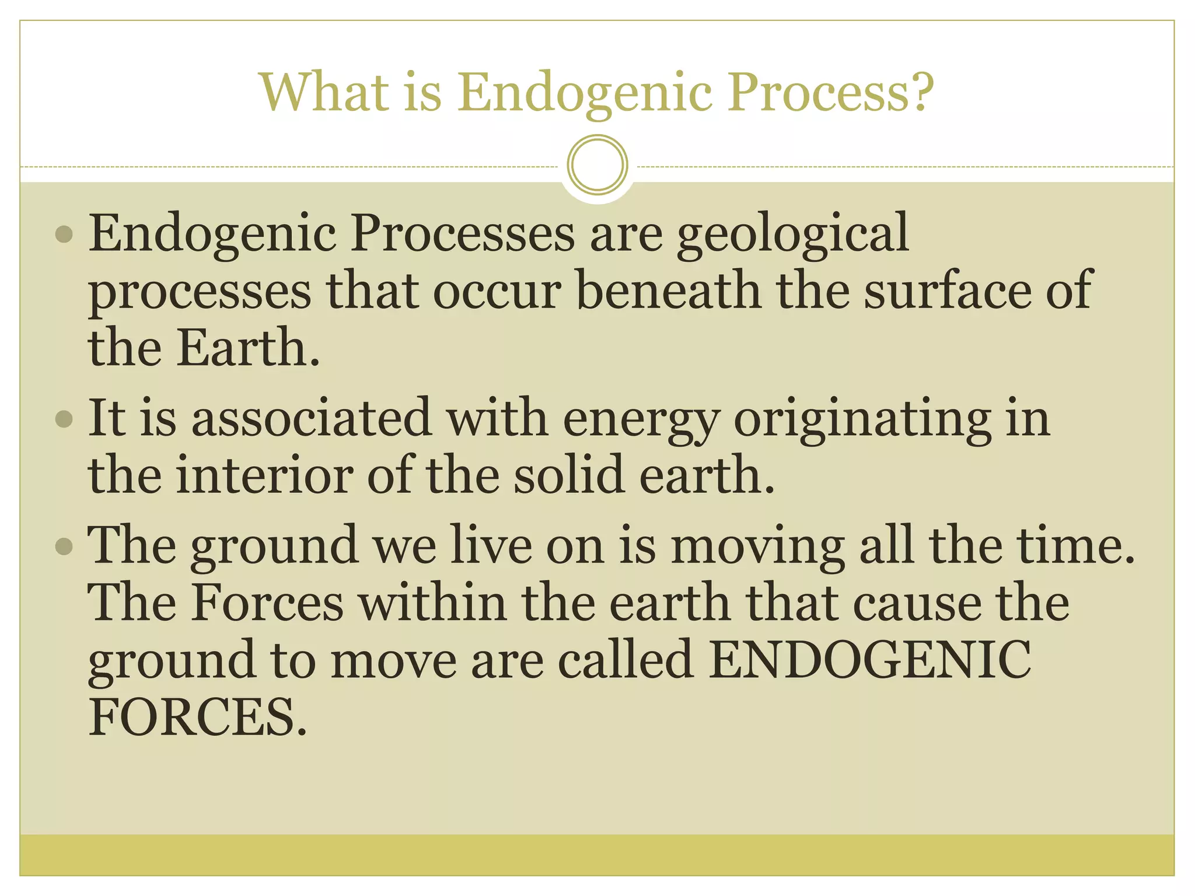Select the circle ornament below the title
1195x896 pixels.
pyautogui.click(x=597, y=164)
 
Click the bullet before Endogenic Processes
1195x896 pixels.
pyautogui.click(x=64, y=235)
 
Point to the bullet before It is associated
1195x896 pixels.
pyautogui.click(x=64, y=419)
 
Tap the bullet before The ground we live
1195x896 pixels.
pyautogui.click(x=64, y=547)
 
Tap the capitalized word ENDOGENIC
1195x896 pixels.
pyautogui.click(x=869, y=660)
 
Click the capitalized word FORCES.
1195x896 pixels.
pyautogui.click(x=197, y=717)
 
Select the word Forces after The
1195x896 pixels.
pyautogui.click(x=268, y=603)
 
